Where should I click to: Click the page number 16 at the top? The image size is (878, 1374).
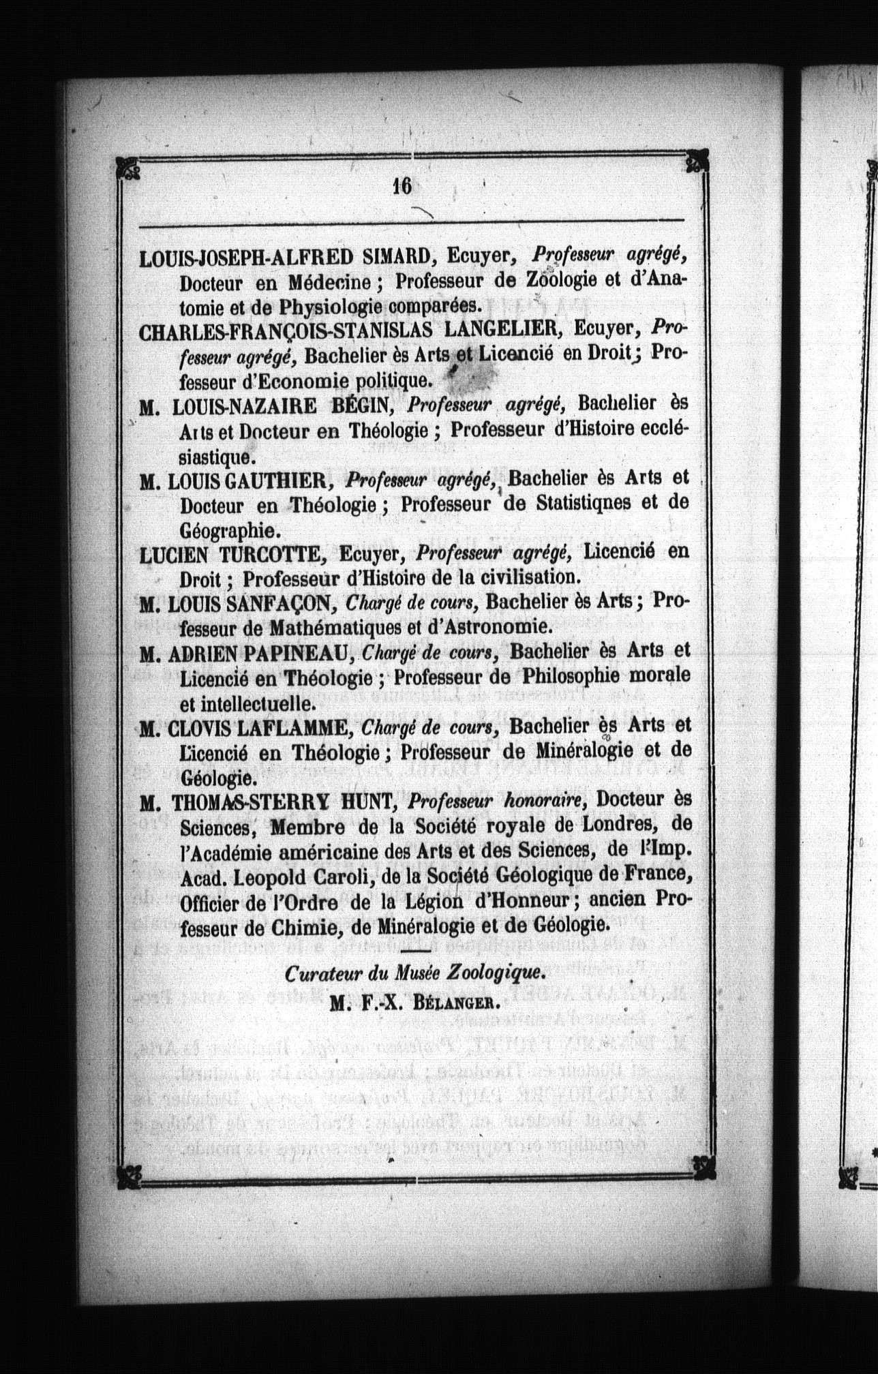[402, 186]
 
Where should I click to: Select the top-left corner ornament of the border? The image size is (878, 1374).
[128, 166]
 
